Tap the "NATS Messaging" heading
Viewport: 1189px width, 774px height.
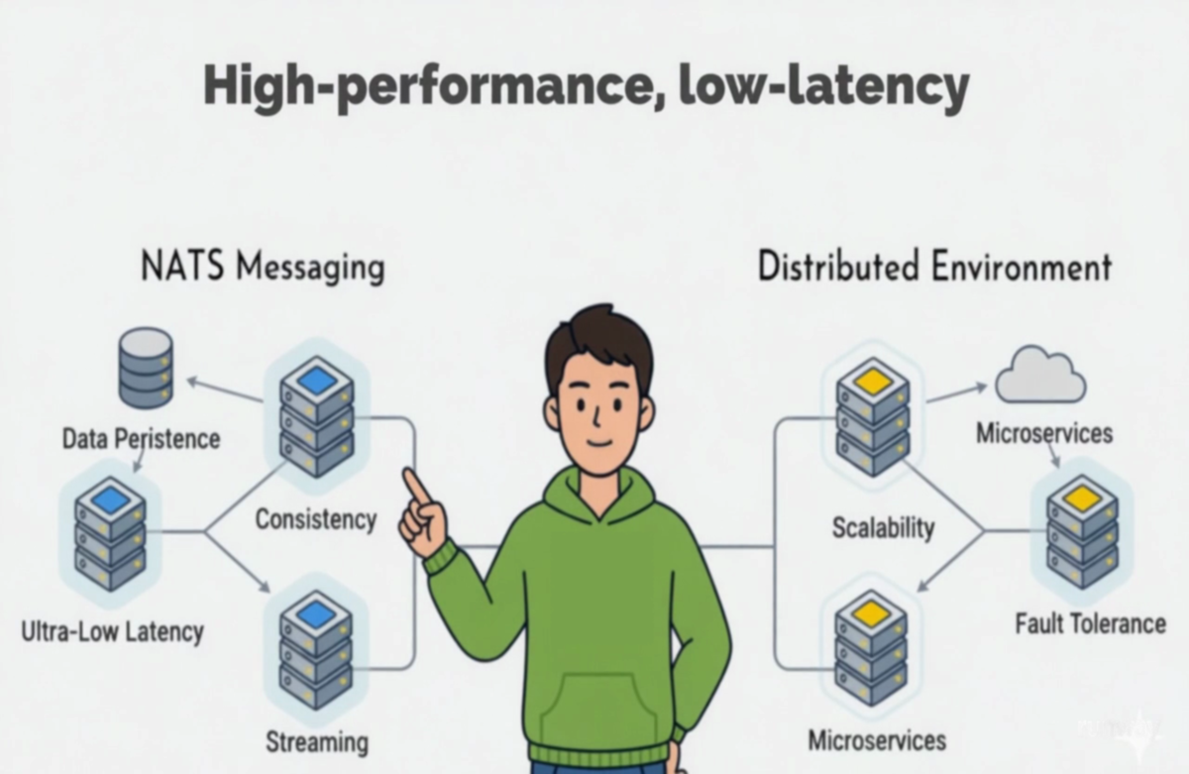tap(263, 268)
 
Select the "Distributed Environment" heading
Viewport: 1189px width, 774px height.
tap(934, 268)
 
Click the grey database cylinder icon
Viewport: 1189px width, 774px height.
tap(146, 368)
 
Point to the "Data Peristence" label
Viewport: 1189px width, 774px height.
tap(141, 438)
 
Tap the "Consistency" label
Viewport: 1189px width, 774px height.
tap(316, 518)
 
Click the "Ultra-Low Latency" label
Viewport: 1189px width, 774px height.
tap(112, 630)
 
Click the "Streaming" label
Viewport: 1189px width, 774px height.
tap(317, 741)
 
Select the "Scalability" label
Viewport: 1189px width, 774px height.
tap(883, 527)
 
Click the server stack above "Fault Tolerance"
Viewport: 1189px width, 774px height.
tap(1082, 530)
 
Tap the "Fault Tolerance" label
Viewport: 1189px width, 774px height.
tap(1090, 623)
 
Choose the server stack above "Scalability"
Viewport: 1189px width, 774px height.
tap(872, 416)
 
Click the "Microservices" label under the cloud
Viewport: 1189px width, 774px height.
tap(1044, 433)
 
